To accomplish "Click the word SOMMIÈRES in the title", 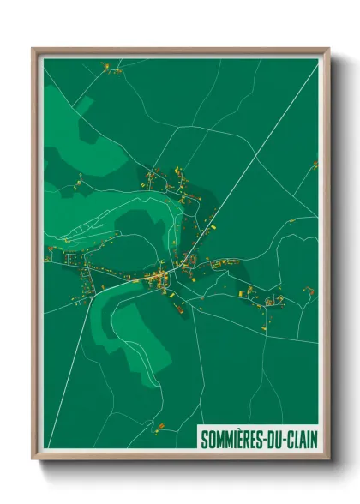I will tap(231, 440).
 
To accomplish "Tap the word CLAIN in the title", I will tap(299, 440).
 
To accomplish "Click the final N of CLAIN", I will tap(313, 440).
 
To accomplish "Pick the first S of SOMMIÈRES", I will tap(204, 440).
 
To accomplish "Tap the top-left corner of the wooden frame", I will tap(33, 49).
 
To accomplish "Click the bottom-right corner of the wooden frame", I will tap(327, 458).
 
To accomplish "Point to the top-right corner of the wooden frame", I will tap(327, 49).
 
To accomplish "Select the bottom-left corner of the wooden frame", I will tap(33, 458).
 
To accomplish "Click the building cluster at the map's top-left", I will tap(111, 68).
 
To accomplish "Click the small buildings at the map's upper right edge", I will tap(314, 164).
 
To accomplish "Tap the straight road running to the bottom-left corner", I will tap(69, 386).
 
